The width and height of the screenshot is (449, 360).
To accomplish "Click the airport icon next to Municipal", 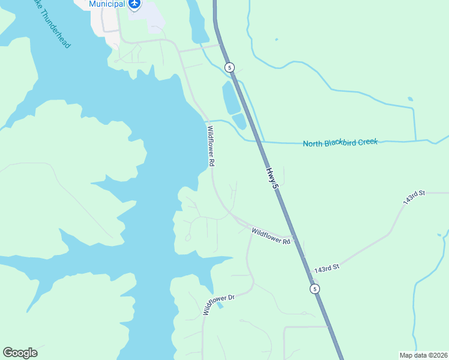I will (x=134, y=4).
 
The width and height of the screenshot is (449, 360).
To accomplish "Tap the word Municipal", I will (x=107, y=4).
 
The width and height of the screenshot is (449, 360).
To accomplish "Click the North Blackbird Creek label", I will (x=340, y=143).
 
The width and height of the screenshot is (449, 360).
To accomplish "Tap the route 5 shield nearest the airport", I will (x=229, y=67).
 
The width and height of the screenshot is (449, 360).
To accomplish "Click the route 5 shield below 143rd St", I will (x=315, y=289).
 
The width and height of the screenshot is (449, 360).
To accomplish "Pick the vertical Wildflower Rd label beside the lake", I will (x=211, y=146).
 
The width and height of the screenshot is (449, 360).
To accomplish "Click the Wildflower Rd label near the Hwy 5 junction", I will (x=271, y=236).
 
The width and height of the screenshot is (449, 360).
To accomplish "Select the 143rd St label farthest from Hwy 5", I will (x=414, y=198).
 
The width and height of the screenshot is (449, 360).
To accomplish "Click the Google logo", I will (x=20, y=353).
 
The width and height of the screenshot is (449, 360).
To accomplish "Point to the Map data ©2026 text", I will (x=423, y=355).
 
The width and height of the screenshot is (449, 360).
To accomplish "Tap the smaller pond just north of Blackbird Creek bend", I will (x=239, y=121).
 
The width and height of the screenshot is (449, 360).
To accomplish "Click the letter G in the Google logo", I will (x=8, y=352).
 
